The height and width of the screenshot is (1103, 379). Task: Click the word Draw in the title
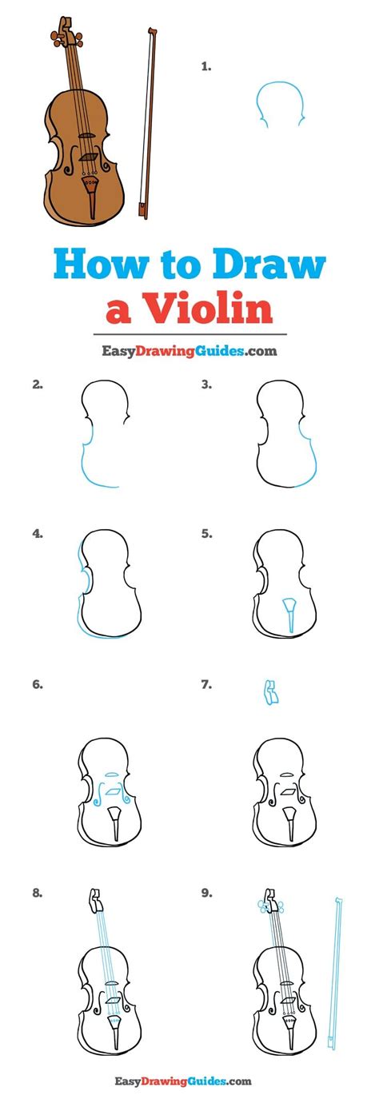click(269, 265)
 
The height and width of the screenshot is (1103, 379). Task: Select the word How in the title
click(102, 265)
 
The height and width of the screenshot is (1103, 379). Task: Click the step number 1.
click(206, 66)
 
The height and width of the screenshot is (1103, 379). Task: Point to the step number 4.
click(38, 533)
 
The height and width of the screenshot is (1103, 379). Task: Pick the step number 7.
click(206, 684)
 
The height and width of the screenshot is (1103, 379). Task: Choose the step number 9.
click(206, 893)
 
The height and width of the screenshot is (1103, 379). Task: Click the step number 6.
click(38, 684)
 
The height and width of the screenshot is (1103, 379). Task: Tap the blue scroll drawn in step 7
click(270, 692)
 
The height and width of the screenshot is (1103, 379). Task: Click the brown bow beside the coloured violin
click(146, 122)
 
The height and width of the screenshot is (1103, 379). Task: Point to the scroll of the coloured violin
click(62, 32)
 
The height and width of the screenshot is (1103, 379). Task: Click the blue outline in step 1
click(279, 102)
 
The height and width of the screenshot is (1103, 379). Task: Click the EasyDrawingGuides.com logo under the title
click(189, 351)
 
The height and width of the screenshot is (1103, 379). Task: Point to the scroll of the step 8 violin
click(94, 900)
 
